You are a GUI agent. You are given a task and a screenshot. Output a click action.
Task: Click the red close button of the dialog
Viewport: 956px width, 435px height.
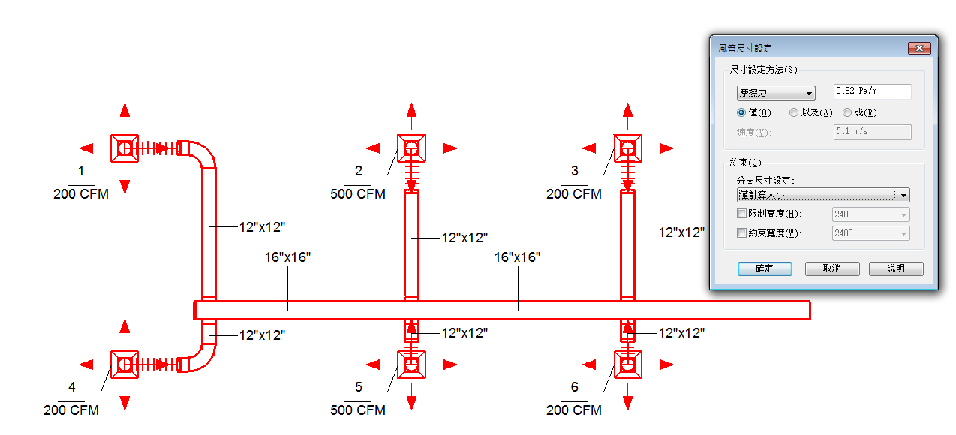pos(919,49)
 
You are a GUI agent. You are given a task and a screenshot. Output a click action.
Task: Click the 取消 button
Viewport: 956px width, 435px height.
pos(831,268)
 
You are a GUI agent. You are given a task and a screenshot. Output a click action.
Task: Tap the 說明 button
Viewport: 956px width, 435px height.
pos(896,268)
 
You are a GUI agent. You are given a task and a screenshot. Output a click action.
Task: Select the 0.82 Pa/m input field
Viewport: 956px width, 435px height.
pos(873,91)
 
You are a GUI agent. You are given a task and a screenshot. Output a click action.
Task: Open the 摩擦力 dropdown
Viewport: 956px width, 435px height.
pos(776,93)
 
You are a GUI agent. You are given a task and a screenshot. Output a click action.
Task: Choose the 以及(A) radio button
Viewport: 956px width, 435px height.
pos(794,112)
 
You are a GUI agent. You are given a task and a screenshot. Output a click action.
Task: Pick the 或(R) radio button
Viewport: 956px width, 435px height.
pos(847,112)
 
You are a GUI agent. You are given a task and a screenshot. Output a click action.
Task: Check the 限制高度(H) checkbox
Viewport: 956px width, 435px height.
pos(741,214)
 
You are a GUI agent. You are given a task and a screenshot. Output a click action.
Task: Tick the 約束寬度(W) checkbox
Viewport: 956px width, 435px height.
pos(741,232)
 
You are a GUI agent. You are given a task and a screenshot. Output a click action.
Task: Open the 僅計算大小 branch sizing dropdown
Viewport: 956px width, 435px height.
pos(823,195)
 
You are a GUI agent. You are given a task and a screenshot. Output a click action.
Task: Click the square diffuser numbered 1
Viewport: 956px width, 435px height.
pos(125,148)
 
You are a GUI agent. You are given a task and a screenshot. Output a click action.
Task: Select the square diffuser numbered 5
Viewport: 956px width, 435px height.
pos(411,364)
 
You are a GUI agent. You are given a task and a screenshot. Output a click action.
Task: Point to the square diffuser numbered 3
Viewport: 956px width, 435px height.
pos(628,148)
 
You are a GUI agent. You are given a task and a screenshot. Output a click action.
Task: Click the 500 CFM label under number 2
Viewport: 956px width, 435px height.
pos(358,194)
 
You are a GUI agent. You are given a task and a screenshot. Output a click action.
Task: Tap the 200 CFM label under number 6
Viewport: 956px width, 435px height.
pos(573,409)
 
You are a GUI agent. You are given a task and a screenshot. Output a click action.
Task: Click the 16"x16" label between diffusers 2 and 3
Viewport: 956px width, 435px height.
pos(517,257)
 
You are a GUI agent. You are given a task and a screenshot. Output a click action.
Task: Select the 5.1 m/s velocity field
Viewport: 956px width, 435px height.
pos(873,132)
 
